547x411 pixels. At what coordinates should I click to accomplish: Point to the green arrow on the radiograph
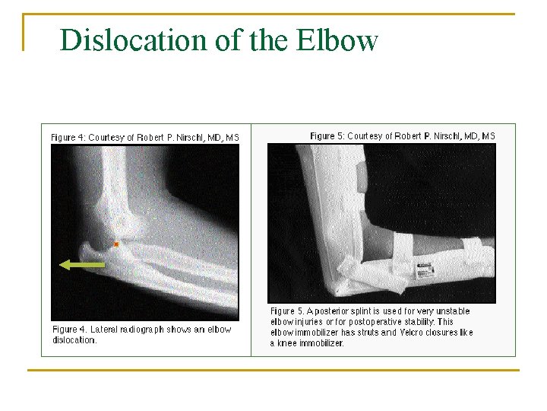click(82, 264)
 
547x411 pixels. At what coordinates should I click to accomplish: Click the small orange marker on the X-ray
click(116, 244)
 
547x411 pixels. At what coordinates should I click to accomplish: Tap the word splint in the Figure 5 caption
click(362, 311)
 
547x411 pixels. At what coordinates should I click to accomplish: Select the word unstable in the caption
click(452, 311)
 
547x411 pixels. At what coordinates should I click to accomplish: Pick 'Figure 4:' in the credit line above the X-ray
click(67, 138)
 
